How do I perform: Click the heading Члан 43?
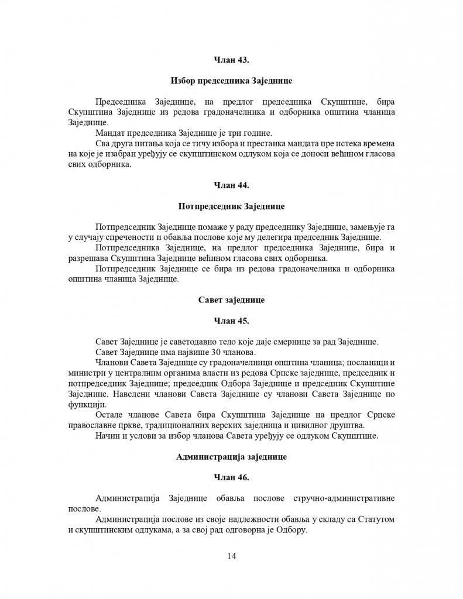pos(231,59)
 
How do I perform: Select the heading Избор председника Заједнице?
pos(231,80)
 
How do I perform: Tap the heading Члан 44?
pos(231,185)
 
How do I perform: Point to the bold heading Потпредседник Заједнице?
pos(231,206)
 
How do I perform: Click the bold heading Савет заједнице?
pos(231,300)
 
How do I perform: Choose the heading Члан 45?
pos(231,321)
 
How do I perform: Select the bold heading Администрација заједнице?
pos(231,457)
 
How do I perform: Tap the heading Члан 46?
pos(231,478)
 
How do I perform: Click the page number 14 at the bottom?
pos(231,556)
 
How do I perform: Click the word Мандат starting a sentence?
pos(109,133)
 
